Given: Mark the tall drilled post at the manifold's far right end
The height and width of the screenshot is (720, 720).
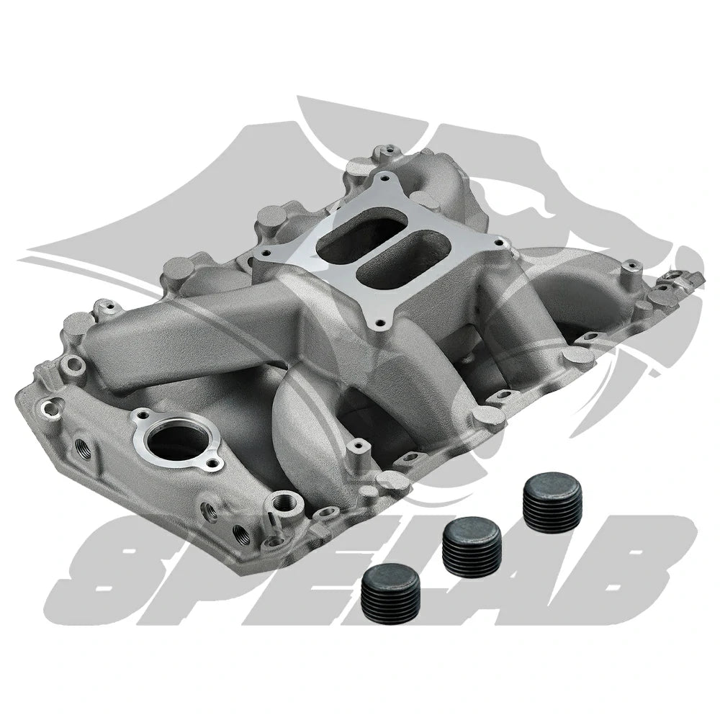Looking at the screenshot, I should [631, 270].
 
